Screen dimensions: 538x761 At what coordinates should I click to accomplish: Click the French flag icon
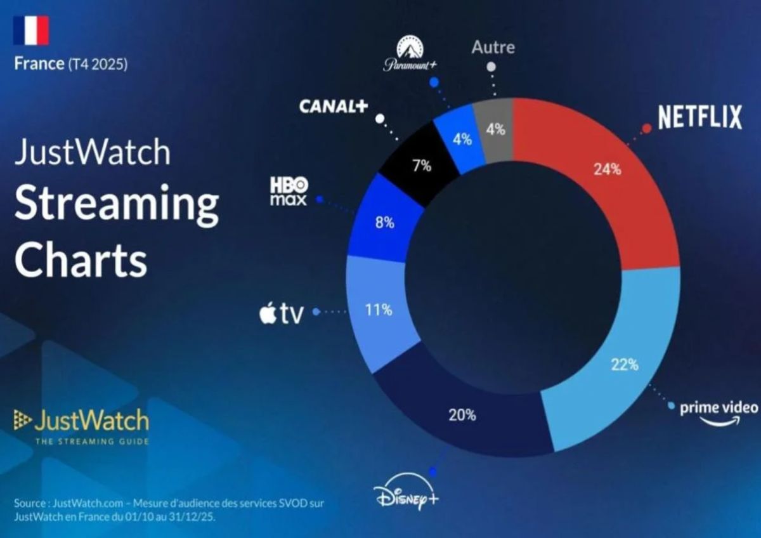coord(30,30)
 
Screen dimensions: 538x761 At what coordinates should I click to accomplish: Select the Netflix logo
coord(699,117)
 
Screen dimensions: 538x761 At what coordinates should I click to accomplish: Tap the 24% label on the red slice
coord(607,170)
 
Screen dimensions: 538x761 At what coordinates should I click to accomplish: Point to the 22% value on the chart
coord(625,365)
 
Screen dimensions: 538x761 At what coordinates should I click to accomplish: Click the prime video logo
coord(719,412)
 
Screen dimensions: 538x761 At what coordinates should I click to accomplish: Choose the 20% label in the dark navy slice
coord(462,416)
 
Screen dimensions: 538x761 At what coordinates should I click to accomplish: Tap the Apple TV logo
coord(282,313)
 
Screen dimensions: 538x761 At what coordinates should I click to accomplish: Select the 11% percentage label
coord(379,310)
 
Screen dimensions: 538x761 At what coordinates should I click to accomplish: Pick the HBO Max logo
coord(289,191)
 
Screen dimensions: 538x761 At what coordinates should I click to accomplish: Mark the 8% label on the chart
coord(384,223)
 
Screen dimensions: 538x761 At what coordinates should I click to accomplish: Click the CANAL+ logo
coord(333,107)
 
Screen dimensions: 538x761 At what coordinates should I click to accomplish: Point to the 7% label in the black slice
coord(422,166)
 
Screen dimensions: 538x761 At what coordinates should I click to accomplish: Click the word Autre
coord(493,48)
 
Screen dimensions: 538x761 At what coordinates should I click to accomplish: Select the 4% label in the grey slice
coord(495,129)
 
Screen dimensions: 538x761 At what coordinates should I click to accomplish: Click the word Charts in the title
coord(81,260)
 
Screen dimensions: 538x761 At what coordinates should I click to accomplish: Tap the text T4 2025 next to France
coord(98,64)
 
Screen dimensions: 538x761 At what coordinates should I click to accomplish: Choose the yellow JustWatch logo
coord(81,423)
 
